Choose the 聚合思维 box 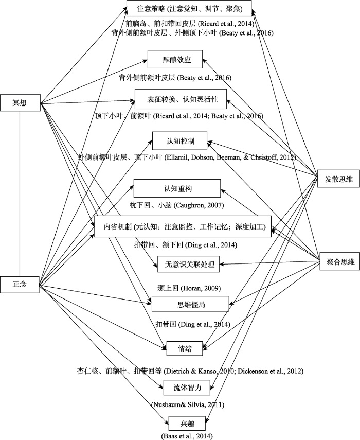pyautogui.click(x=337, y=262)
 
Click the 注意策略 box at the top pyautogui.click(x=190, y=9)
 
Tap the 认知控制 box pyautogui.click(x=179, y=141)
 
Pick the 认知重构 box pyautogui.click(x=177, y=189)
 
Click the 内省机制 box pyautogui.click(x=183, y=226)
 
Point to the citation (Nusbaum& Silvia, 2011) pyautogui.click(x=187, y=404)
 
